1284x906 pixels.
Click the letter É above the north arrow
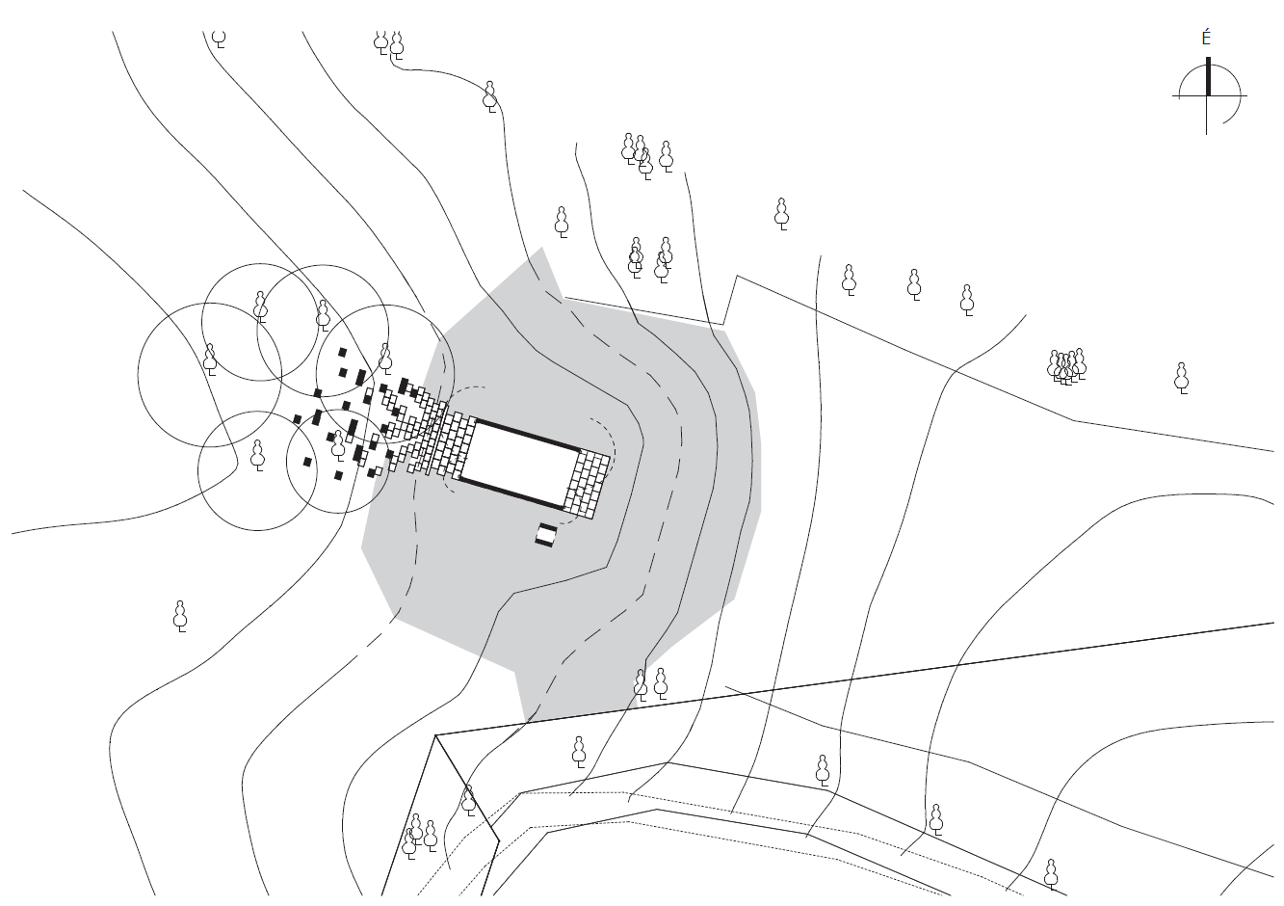[x=1207, y=39]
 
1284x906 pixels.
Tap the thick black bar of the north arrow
[x=1208, y=76]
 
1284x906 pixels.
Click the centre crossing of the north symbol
[x=1207, y=95]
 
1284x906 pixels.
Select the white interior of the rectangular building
[x=520, y=463]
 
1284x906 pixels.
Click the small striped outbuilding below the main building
[x=545, y=535]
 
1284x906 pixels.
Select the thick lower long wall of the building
[x=511, y=493]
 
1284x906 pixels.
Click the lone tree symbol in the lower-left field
[x=180, y=617]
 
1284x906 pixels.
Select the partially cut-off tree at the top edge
[x=219, y=39]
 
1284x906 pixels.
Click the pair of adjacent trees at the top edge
[x=388, y=44]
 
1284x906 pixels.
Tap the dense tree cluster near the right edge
[x=1066, y=367]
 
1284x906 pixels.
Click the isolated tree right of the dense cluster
[x=1181, y=379]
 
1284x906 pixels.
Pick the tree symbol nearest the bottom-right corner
[x=1050, y=874]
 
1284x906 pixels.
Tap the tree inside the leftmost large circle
[x=210, y=360]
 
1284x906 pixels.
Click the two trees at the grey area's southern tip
[x=650, y=684]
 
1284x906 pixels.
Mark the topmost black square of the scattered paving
[x=343, y=352]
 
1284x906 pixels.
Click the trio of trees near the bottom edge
[x=419, y=837]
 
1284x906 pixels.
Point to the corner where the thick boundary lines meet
[x=435, y=735]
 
